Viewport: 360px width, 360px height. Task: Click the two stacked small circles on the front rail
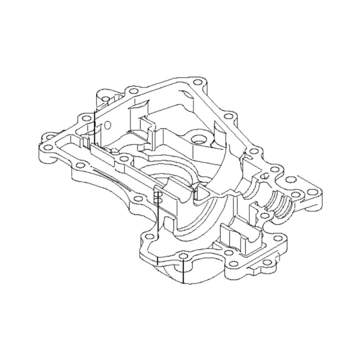coord(157,197)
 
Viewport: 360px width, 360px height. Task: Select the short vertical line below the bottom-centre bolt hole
coord(183,272)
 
